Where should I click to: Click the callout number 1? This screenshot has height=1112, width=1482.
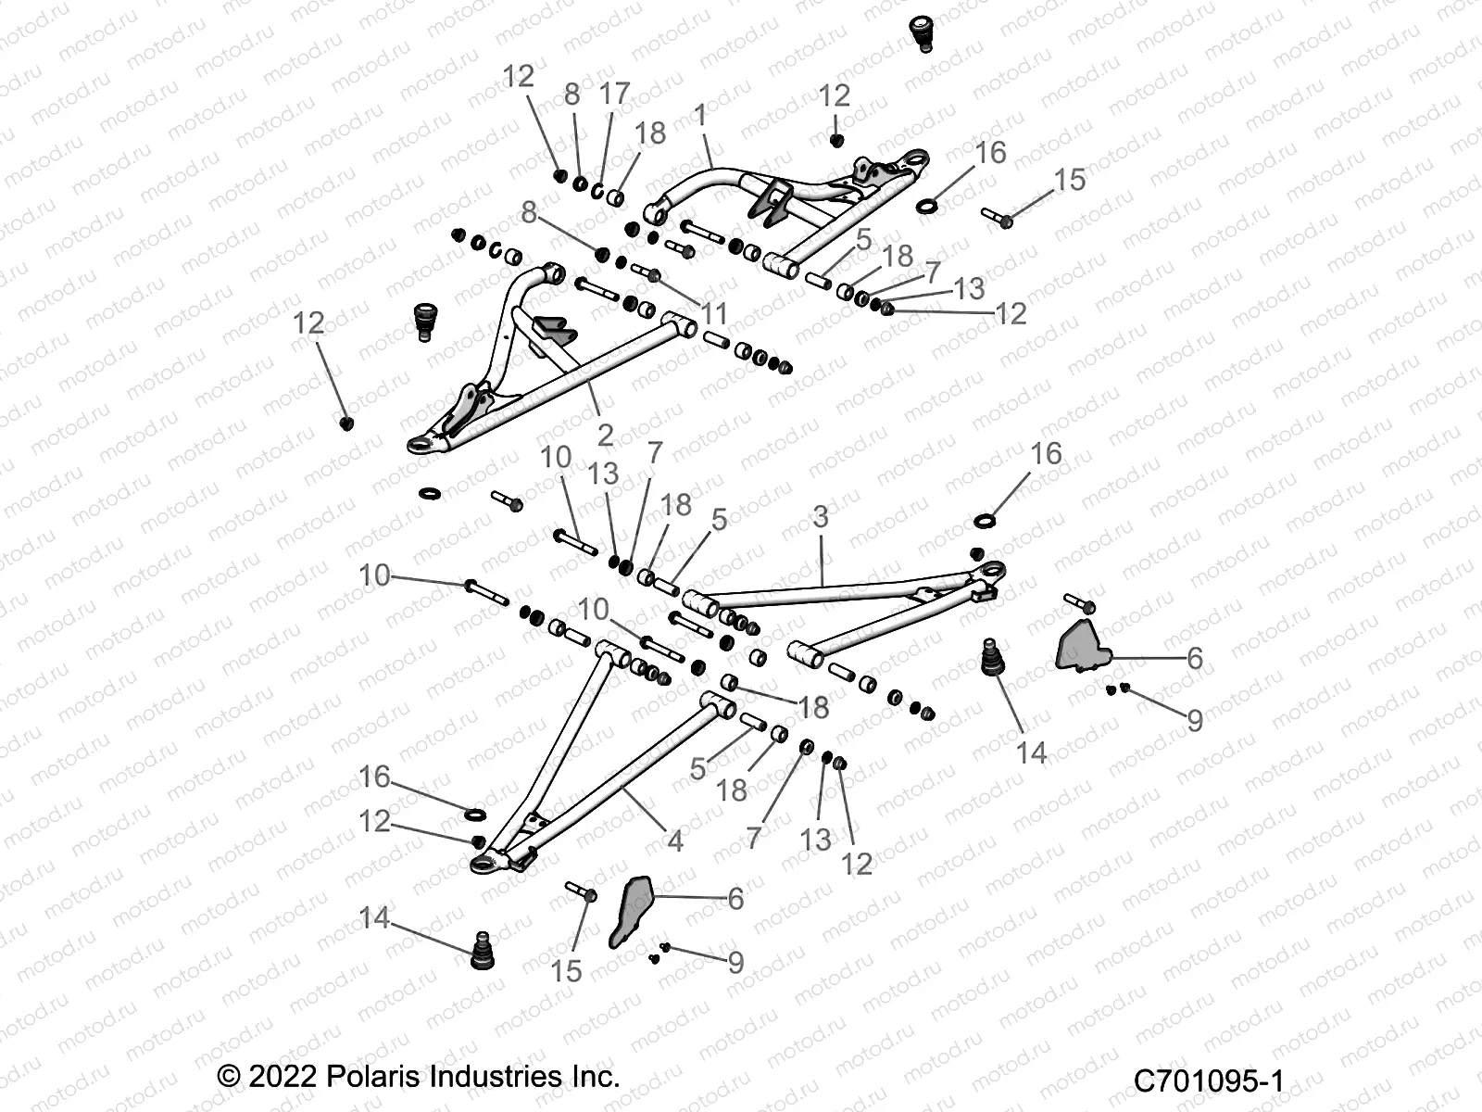tap(700, 116)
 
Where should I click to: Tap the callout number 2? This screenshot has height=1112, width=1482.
tap(605, 435)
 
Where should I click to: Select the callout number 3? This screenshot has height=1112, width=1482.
tap(820, 517)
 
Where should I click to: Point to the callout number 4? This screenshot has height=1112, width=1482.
tap(675, 840)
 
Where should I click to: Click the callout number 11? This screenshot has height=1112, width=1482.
tap(714, 314)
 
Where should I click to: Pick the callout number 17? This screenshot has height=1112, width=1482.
tap(614, 94)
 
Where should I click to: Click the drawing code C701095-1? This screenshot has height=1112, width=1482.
tap(1208, 1080)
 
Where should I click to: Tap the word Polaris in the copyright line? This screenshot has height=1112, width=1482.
tap(378, 1076)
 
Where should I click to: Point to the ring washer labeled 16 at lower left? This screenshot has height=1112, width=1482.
tap(473, 815)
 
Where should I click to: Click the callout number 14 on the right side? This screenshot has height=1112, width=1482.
tap(1031, 752)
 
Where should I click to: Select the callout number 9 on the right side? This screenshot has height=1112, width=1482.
tap(1194, 720)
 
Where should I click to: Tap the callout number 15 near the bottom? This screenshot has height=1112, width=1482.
tap(566, 970)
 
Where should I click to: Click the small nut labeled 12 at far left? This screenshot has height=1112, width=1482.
tap(347, 423)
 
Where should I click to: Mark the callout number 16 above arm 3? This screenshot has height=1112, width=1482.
tap(1046, 453)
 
